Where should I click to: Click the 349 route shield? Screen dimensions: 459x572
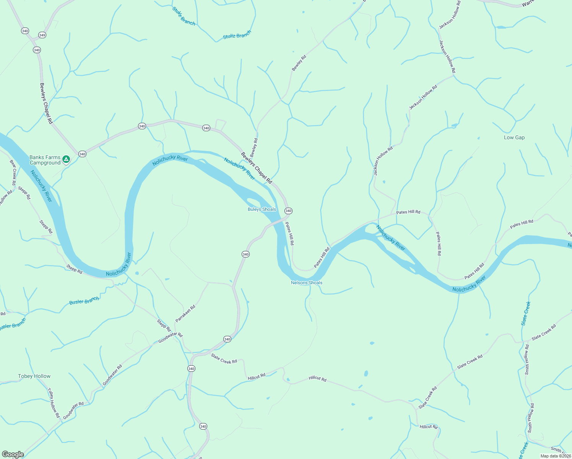pos(42,35)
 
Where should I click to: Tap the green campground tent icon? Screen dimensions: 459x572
pos(66,159)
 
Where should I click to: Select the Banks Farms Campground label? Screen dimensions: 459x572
pos(45,160)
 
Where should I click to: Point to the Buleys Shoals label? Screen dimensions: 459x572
pos(262,209)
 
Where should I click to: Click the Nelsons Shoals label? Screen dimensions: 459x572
pos(307,283)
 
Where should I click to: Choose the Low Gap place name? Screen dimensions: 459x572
pos(514,137)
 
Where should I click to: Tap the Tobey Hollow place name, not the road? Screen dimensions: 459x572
pos(34,376)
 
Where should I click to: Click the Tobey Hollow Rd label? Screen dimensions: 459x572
pos(54,403)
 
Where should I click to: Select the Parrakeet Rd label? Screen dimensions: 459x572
pos(185,313)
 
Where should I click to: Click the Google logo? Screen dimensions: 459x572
pos(13,454)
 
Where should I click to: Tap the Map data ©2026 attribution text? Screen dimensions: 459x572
pos(555,456)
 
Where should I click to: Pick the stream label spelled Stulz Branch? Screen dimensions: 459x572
pos(184,16)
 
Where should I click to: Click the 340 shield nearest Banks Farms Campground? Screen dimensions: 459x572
pos(82,154)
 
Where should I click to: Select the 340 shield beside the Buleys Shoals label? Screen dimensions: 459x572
pos(288,211)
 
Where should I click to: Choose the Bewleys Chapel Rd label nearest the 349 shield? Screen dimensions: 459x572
pos(46,103)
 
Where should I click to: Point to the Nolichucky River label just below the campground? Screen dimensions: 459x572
pos(41,186)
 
